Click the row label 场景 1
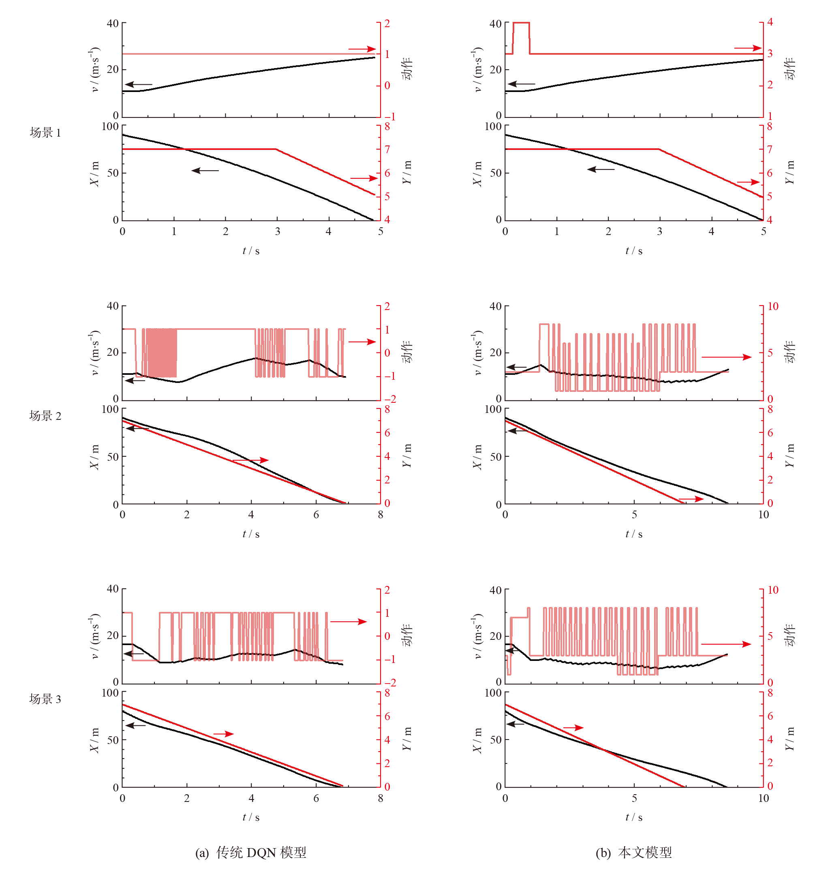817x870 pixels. (x=45, y=133)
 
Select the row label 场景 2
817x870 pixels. (x=45, y=416)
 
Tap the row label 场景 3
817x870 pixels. (x=45, y=699)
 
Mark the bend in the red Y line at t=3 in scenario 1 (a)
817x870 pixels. (x=276, y=149)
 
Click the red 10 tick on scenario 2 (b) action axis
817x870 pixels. (x=773, y=306)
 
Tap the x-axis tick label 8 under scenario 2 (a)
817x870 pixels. (x=380, y=515)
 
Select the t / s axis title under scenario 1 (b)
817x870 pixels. (x=634, y=251)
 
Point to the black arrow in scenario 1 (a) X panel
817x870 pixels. (x=205, y=170)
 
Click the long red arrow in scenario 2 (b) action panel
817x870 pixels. (x=726, y=357)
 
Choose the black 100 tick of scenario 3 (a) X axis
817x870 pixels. (x=110, y=693)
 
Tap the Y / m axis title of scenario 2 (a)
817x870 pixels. (x=407, y=455)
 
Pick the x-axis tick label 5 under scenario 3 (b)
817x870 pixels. (x=634, y=798)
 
